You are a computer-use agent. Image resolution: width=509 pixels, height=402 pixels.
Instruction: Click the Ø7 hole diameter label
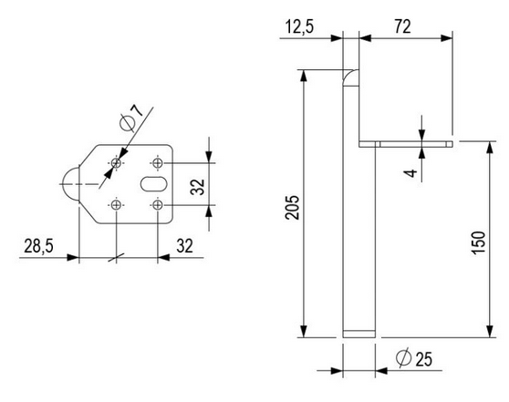click(131, 117)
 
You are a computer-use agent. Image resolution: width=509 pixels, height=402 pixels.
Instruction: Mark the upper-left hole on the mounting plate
click(116, 163)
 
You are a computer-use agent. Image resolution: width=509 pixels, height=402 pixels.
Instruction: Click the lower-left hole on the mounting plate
click(116, 205)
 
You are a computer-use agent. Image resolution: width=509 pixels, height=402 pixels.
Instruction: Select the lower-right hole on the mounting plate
click(159, 205)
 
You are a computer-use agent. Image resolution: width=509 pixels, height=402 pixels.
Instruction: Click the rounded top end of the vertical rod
click(351, 78)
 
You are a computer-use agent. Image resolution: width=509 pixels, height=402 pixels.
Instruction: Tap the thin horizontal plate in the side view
click(406, 144)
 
